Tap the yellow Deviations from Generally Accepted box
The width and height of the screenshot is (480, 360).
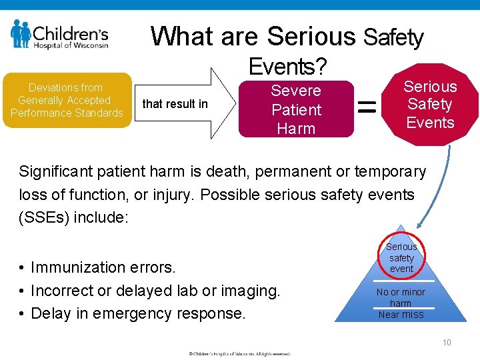point(66,100)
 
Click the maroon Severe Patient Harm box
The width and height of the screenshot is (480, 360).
point(296,109)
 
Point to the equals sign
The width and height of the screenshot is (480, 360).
point(367,105)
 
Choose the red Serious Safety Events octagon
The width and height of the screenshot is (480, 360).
point(431,105)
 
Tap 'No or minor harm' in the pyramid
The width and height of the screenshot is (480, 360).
point(401,297)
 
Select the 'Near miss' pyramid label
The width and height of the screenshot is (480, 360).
point(401,315)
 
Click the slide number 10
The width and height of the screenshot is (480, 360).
point(447,343)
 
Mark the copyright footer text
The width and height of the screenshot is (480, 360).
point(239,353)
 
